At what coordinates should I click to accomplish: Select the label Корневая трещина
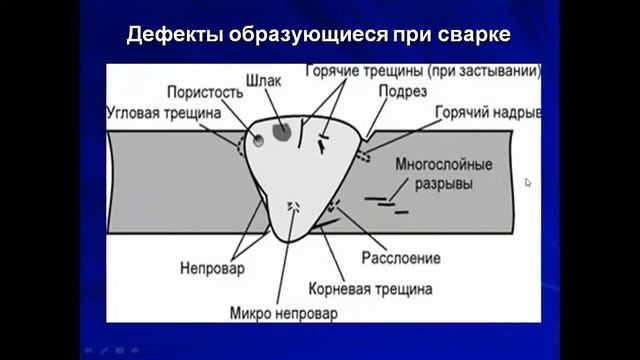click(385, 289)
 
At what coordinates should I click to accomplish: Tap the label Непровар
click(206, 268)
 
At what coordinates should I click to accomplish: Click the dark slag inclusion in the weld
click(282, 130)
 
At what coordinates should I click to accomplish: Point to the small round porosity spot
click(259, 140)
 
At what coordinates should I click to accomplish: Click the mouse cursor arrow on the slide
click(528, 183)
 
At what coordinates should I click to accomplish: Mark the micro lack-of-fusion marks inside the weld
click(294, 206)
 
